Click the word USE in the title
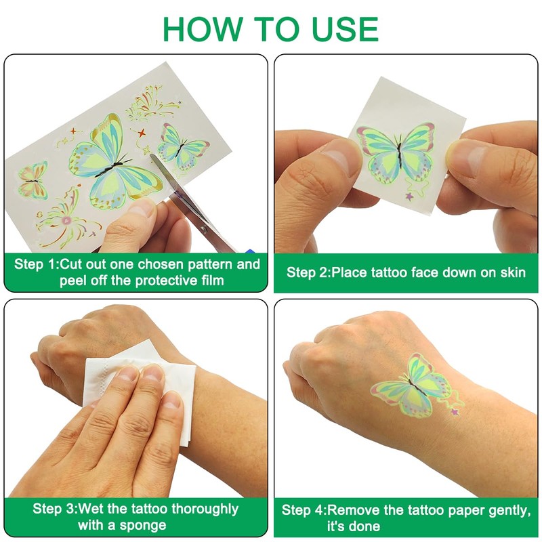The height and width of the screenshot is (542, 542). [344, 28]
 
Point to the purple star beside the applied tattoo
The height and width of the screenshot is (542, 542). [455, 412]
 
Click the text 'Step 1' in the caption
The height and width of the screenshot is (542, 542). [35, 264]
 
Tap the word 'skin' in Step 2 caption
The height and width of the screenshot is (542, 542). [513, 272]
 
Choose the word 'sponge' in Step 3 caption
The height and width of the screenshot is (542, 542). [142, 526]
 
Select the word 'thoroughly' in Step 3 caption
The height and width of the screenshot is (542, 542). [205, 509]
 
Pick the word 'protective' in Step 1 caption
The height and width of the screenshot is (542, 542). [165, 280]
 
